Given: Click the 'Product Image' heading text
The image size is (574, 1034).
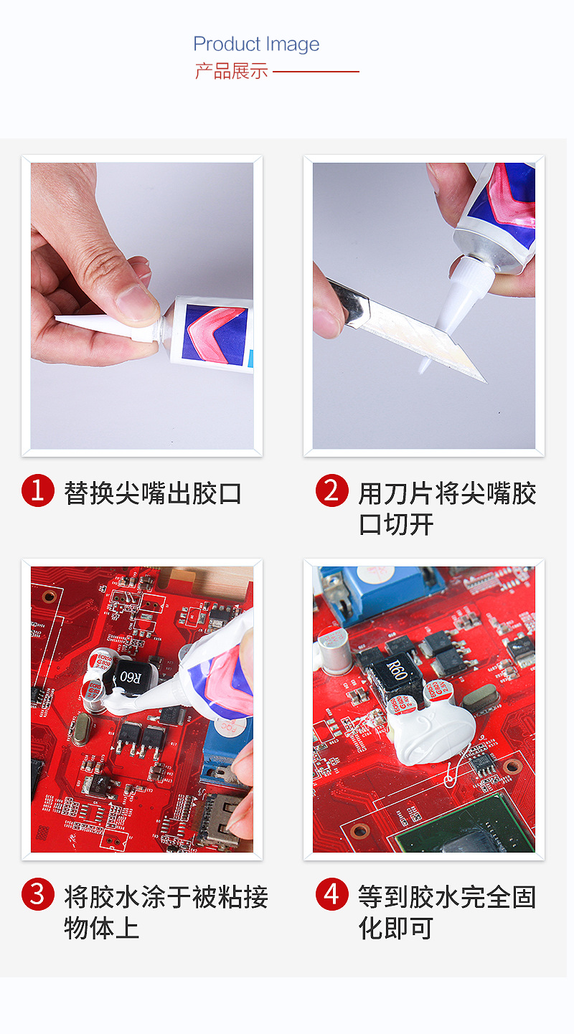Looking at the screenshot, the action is (x=256, y=44).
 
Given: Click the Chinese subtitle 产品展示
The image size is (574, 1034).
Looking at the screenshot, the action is (x=231, y=72).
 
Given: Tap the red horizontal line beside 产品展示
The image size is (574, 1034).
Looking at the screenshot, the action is (x=316, y=72).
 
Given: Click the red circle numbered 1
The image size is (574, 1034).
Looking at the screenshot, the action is (x=38, y=490).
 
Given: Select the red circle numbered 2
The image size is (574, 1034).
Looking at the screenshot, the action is (x=332, y=490).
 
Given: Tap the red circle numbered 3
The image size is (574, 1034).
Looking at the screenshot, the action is (x=38, y=894).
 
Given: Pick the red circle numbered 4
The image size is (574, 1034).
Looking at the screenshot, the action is (x=332, y=894).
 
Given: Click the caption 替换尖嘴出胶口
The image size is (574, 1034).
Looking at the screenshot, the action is (x=153, y=493).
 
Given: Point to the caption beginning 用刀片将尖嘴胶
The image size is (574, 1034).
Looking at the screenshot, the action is (x=447, y=508).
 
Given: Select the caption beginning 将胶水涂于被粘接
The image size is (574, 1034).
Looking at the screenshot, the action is (x=166, y=913).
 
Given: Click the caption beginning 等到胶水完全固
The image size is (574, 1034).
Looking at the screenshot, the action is (x=447, y=913).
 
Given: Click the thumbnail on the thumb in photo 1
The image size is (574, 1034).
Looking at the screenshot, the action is (x=136, y=303).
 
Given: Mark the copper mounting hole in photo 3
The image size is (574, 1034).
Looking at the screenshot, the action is (x=50, y=597).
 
